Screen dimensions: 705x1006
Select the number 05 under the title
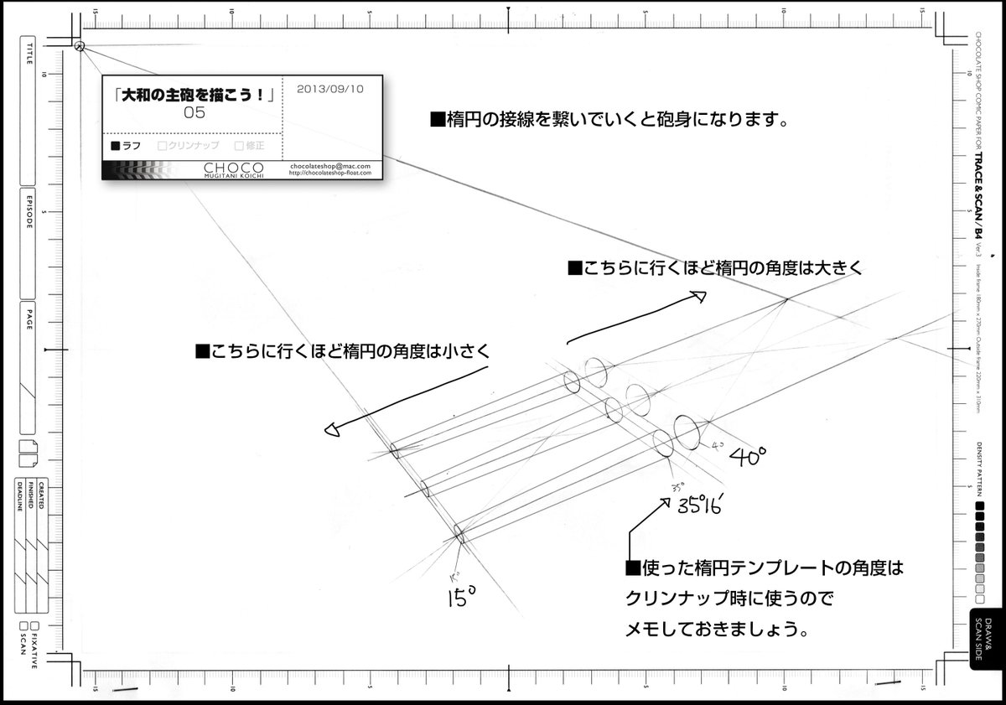click(x=194, y=114)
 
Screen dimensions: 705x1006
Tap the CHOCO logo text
click(x=233, y=167)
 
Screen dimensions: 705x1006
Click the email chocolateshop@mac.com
click(x=330, y=166)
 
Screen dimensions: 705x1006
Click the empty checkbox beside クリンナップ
click(x=163, y=145)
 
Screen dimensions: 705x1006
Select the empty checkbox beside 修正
click(x=239, y=145)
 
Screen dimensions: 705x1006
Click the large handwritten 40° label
click(x=747, y=457)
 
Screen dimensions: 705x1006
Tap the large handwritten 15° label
click(x=461, y=596)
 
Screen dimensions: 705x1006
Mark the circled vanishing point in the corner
click(x=80, y=47)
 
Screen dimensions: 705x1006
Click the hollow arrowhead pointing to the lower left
click(x=331, y=431)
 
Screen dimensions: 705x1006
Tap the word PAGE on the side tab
click(x=30, y=323)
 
